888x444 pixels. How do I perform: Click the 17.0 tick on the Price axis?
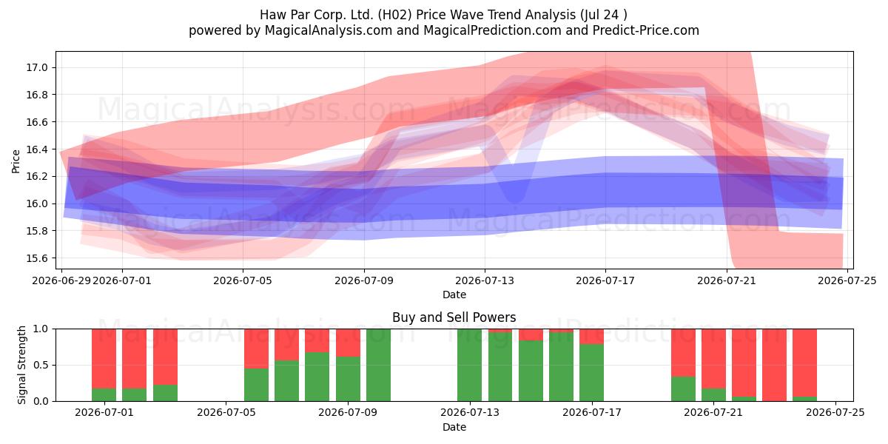click(36, 67)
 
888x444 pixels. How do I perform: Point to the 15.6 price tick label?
click(36, 258)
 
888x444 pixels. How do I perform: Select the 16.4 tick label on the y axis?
click(36, 149)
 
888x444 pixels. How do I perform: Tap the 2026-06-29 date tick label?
click(61, 280)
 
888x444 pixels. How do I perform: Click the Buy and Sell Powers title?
click(454, 317)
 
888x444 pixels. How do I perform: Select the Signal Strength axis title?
click(21, 365)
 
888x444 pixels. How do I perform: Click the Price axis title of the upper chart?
click(16, 161)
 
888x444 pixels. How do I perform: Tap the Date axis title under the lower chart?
click(454, 427)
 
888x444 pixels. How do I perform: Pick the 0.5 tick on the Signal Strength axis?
click(41, 365)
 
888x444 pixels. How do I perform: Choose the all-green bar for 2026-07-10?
click(378, 365)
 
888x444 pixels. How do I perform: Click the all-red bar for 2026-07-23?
click(774, 365)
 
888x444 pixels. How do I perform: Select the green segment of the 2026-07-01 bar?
click(104, 394)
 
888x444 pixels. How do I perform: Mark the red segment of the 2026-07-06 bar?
click(256, 349)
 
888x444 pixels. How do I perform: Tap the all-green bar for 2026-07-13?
click(469, 365)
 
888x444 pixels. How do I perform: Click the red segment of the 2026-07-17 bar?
click(591, 336)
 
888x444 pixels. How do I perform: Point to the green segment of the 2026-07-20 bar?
click(683, 388)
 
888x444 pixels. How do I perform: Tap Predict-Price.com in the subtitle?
click(646, 30)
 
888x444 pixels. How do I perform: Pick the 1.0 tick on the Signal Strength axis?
click(41, 329)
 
